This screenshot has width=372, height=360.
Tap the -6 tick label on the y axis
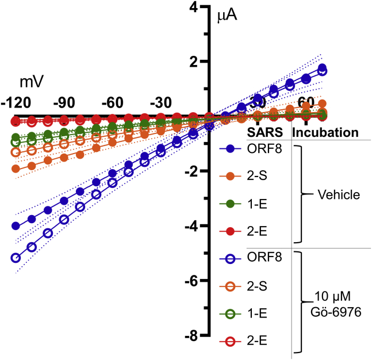195,281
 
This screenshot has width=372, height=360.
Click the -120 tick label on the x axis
16,102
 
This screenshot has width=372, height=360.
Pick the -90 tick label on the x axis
64,102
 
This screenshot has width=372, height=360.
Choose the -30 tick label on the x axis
160,102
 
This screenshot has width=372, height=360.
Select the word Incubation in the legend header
325,133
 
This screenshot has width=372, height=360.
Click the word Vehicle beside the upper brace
339,195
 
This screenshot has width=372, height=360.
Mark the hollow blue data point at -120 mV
16,258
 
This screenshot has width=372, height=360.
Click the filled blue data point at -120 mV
16,226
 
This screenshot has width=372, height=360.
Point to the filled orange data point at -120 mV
16,168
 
